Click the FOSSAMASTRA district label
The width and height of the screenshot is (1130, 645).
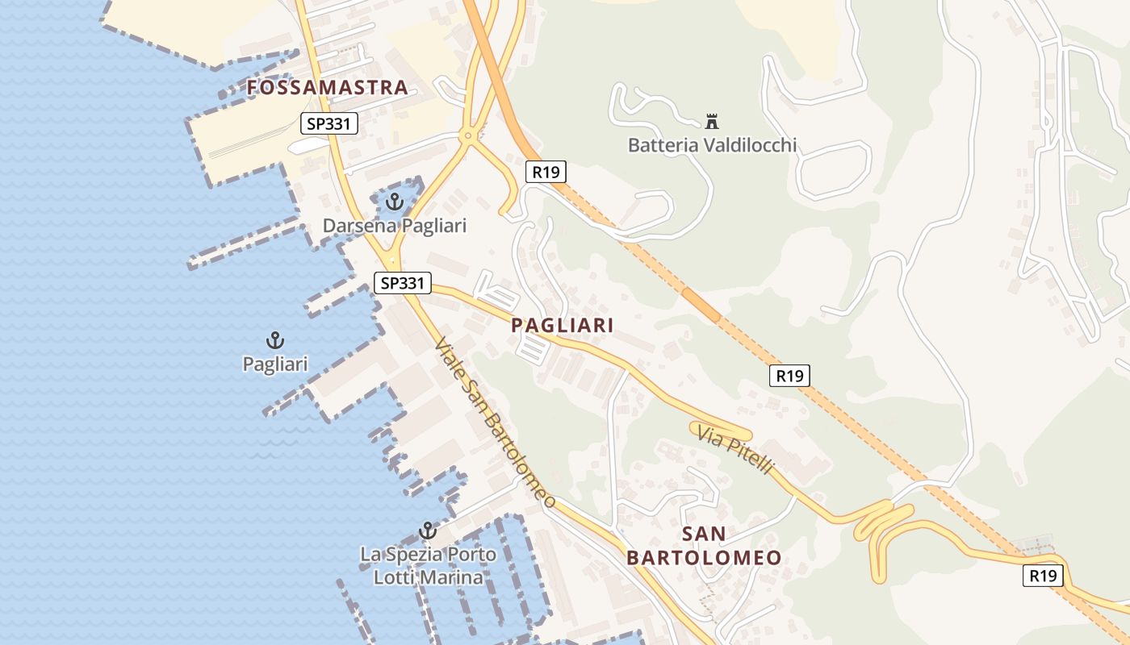[x=327, y=88]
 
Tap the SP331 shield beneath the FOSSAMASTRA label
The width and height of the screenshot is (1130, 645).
[x=329, y=124]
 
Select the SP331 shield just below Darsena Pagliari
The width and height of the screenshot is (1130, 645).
[x=403, y=283]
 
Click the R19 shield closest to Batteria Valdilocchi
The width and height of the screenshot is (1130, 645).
[x=546, y=172]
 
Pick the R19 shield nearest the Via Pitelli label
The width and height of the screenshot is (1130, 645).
[x=789, y=376]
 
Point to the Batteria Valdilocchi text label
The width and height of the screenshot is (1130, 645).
[x=712, y=146]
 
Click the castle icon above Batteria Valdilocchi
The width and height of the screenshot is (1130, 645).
[x=712, y=122]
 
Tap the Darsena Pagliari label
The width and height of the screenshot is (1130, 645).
[x=395, y=226]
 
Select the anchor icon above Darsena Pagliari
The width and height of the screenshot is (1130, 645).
[x=395, y=202]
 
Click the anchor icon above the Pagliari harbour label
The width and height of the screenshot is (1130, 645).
[x=275, y=340]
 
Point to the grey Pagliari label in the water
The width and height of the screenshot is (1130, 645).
[x=275, y=364]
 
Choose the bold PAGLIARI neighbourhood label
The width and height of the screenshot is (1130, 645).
[x=563, y=326]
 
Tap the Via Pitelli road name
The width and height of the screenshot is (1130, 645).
[x=735, y=451]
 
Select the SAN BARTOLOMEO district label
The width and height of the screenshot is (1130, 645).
[x=704, y=546]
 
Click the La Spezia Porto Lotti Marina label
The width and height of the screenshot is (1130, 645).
[x=428, y=566]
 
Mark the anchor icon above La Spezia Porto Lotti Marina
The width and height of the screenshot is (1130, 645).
[x=428, y=531]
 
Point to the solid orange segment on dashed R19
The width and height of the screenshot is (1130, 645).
[x=700, y=305]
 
